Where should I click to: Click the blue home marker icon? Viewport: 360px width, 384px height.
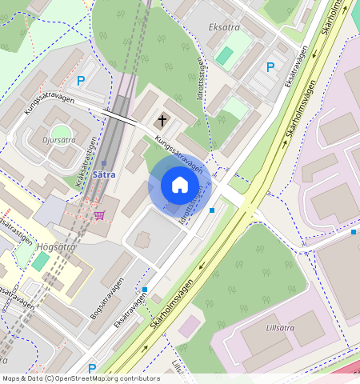tap(180, 186)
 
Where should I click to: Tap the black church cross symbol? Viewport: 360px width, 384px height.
tap(162, 121)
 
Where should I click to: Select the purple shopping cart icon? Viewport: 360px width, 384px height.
tap(99, 214)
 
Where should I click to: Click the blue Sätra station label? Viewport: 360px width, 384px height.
tap(104, 174)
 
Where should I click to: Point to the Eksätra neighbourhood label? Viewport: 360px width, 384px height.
tap(224, 27)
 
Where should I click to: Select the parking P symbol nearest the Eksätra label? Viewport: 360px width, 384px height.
tap(270, 67)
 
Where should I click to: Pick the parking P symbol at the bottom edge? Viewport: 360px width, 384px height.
tap(92, 369)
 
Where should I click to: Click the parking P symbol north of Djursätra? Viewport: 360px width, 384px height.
tap(81, 80)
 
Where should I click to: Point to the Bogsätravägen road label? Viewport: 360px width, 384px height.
tap(106, 300)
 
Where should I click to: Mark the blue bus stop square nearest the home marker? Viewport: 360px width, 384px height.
tap(212, 210)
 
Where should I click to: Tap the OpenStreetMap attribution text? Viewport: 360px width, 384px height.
tap(81, 378)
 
